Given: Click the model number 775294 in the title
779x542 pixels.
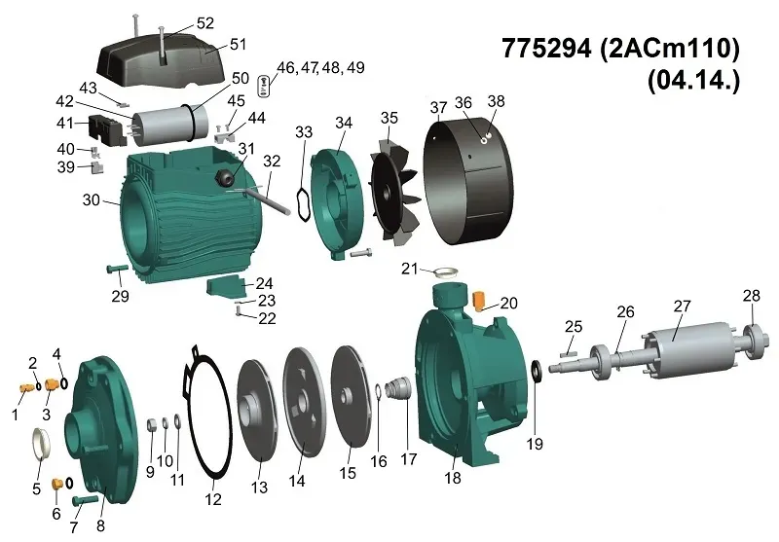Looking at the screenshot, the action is (546, 49).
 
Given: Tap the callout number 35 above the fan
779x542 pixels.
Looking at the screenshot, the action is (389, 118).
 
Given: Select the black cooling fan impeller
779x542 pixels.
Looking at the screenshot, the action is (395, 192).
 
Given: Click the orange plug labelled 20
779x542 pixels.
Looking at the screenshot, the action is (479, 301).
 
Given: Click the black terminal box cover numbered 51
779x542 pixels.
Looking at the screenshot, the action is (154, 59).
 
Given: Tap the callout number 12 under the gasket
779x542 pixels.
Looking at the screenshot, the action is (213, 498).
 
